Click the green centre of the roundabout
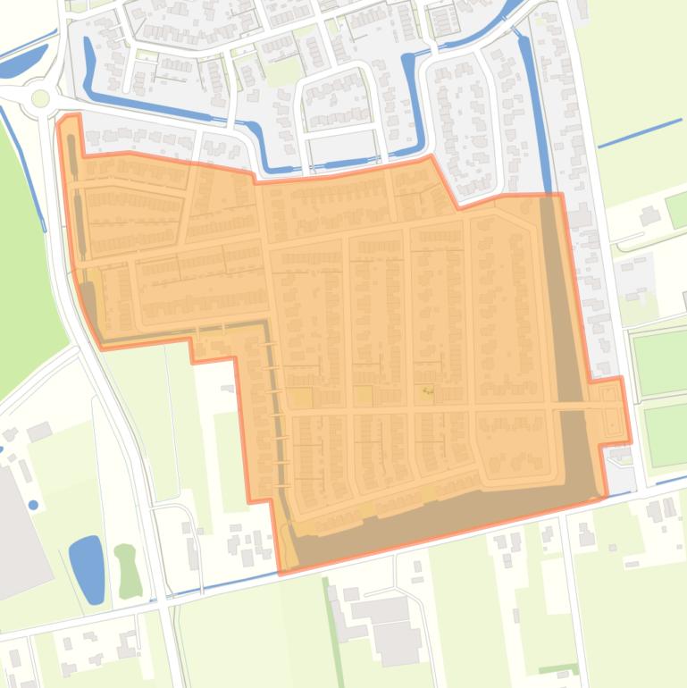pyautogui.click(x=40, y=97)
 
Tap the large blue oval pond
pyautogui.click(x=87, y=568)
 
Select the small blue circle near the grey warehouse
pyautogui.click(x=34, y=505)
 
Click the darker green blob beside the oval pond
pyautogui.click(x=126, y=570)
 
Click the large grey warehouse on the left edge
pyautogui.click(x=13, y=536)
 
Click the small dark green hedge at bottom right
pyautogui.click(x=557, y=668)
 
